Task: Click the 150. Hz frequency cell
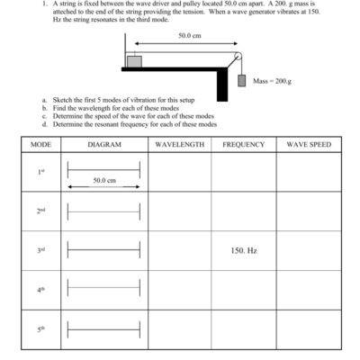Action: [244, 250]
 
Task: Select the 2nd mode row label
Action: [40, 211]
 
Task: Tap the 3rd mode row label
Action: [40, 250]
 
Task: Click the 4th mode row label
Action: [40, 290]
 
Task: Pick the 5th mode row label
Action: [40, 329]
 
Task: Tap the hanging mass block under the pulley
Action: [241, 81]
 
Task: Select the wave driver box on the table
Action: [134, 61]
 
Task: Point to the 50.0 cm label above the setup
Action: [189, 35]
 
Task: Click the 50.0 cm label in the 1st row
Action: [104, 180]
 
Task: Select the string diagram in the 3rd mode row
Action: [104, 250]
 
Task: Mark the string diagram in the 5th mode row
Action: [104, 329]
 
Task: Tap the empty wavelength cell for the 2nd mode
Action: [180, 211]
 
